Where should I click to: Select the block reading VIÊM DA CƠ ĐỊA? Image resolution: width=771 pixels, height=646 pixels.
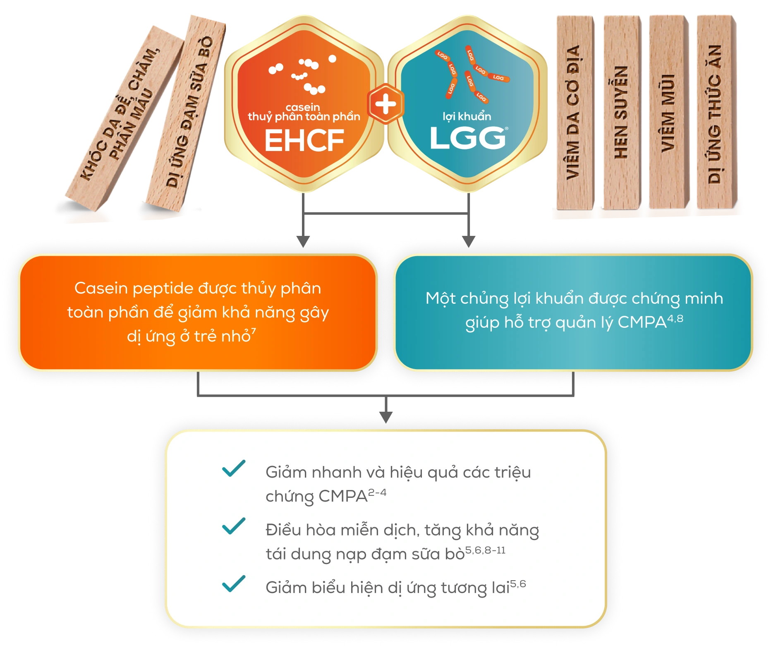[x=574, y=112]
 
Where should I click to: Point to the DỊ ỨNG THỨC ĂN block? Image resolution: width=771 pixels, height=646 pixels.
[x=715, y=112]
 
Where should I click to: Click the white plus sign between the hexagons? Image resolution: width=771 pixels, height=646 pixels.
[x=385, y=104]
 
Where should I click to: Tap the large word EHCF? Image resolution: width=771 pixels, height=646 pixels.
[x=304, y=141]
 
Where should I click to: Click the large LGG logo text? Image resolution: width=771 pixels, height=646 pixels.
[x=467, y=138]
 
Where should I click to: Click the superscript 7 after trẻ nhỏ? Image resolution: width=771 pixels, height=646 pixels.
[x=254, y=331]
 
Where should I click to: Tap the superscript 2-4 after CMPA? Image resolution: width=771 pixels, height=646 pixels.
[x=377, y=492]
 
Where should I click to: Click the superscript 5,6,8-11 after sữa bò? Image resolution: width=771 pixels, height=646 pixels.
[x=485, y=550]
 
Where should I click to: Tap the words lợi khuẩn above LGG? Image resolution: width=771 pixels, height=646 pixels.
[x=467, y=116]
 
